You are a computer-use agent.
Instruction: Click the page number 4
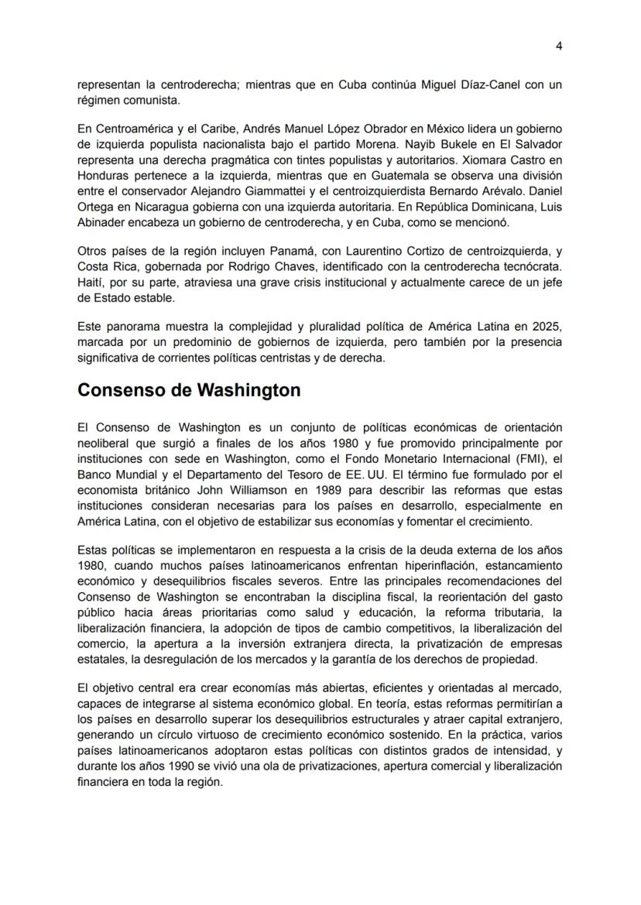click(x=559, y=46)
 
